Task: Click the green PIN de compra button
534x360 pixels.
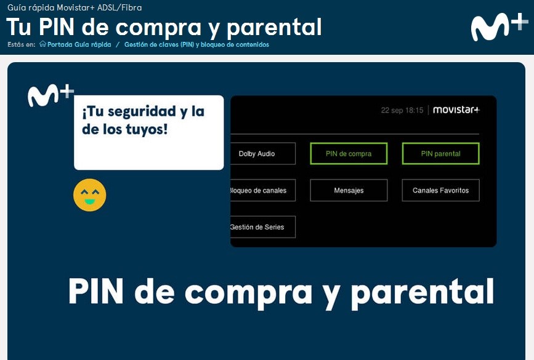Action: point(349,154)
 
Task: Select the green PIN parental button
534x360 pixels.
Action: point(440,154)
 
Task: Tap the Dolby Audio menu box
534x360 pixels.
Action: point(263,154)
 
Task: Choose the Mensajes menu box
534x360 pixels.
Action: point(349,191)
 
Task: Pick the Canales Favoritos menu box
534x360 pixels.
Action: point(440,191)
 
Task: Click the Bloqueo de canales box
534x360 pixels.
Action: point(263,191)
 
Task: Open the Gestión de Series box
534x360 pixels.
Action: point(263,227)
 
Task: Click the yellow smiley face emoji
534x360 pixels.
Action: point(89,195)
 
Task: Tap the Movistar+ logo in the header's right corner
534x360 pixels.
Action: point(500,27)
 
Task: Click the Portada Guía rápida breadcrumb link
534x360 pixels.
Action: point(79,44)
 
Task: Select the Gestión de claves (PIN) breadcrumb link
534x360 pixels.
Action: point(196,44)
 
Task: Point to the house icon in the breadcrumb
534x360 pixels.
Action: point(42,44)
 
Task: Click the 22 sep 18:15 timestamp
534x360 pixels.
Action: point(402,110)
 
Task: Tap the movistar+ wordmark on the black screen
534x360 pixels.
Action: point(456,110)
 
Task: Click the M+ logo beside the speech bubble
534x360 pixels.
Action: point(51,95)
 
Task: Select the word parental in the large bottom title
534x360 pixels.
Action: point(423,292)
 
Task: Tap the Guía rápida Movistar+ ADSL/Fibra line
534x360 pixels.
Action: point(75,7)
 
